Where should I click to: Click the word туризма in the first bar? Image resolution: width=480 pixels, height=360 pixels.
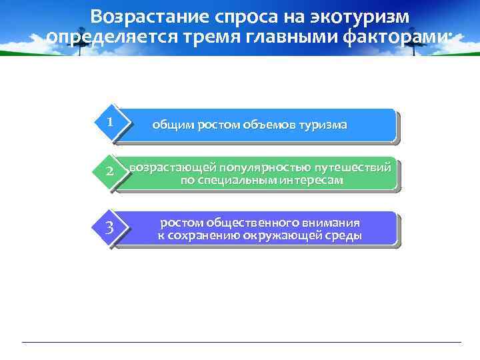[x=323, y=125]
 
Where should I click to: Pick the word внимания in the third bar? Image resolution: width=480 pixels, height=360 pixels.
[x=331, y=223]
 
